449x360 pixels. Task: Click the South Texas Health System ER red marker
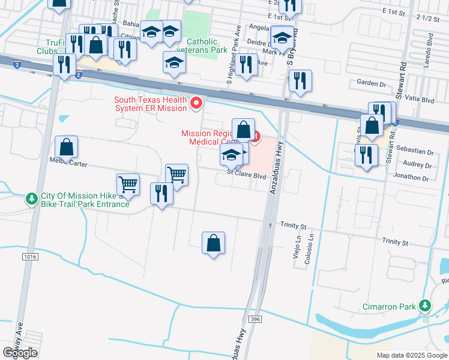(x=196, y=104)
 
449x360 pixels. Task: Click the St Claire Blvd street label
(x=246, y=176)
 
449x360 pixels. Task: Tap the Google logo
(x=20, y=353)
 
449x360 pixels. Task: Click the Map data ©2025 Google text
(x=411, y=355)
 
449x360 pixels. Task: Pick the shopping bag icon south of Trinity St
(x=213, y=244)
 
